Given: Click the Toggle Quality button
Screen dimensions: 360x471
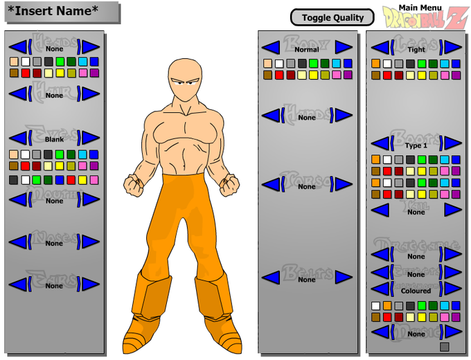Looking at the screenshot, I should coord(332,17).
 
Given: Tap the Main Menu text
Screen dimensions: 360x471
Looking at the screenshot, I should coord(420,8).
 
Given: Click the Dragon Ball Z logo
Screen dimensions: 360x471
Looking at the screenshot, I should coord(425,18).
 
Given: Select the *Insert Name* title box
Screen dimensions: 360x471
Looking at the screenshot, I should coord(61,12).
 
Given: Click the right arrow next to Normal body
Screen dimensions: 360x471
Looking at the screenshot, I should coord(344,48).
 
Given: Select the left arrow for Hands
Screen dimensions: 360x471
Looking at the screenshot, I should coord(271,116).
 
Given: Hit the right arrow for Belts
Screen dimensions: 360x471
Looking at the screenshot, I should coord(344,277).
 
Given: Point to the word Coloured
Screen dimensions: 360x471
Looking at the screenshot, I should coord(416,291).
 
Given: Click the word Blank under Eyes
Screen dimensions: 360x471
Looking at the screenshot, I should coord(54,139).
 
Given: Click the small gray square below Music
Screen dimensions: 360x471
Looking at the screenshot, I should coord(444,346).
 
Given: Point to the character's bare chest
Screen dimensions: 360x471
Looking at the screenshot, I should coord(187,132).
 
